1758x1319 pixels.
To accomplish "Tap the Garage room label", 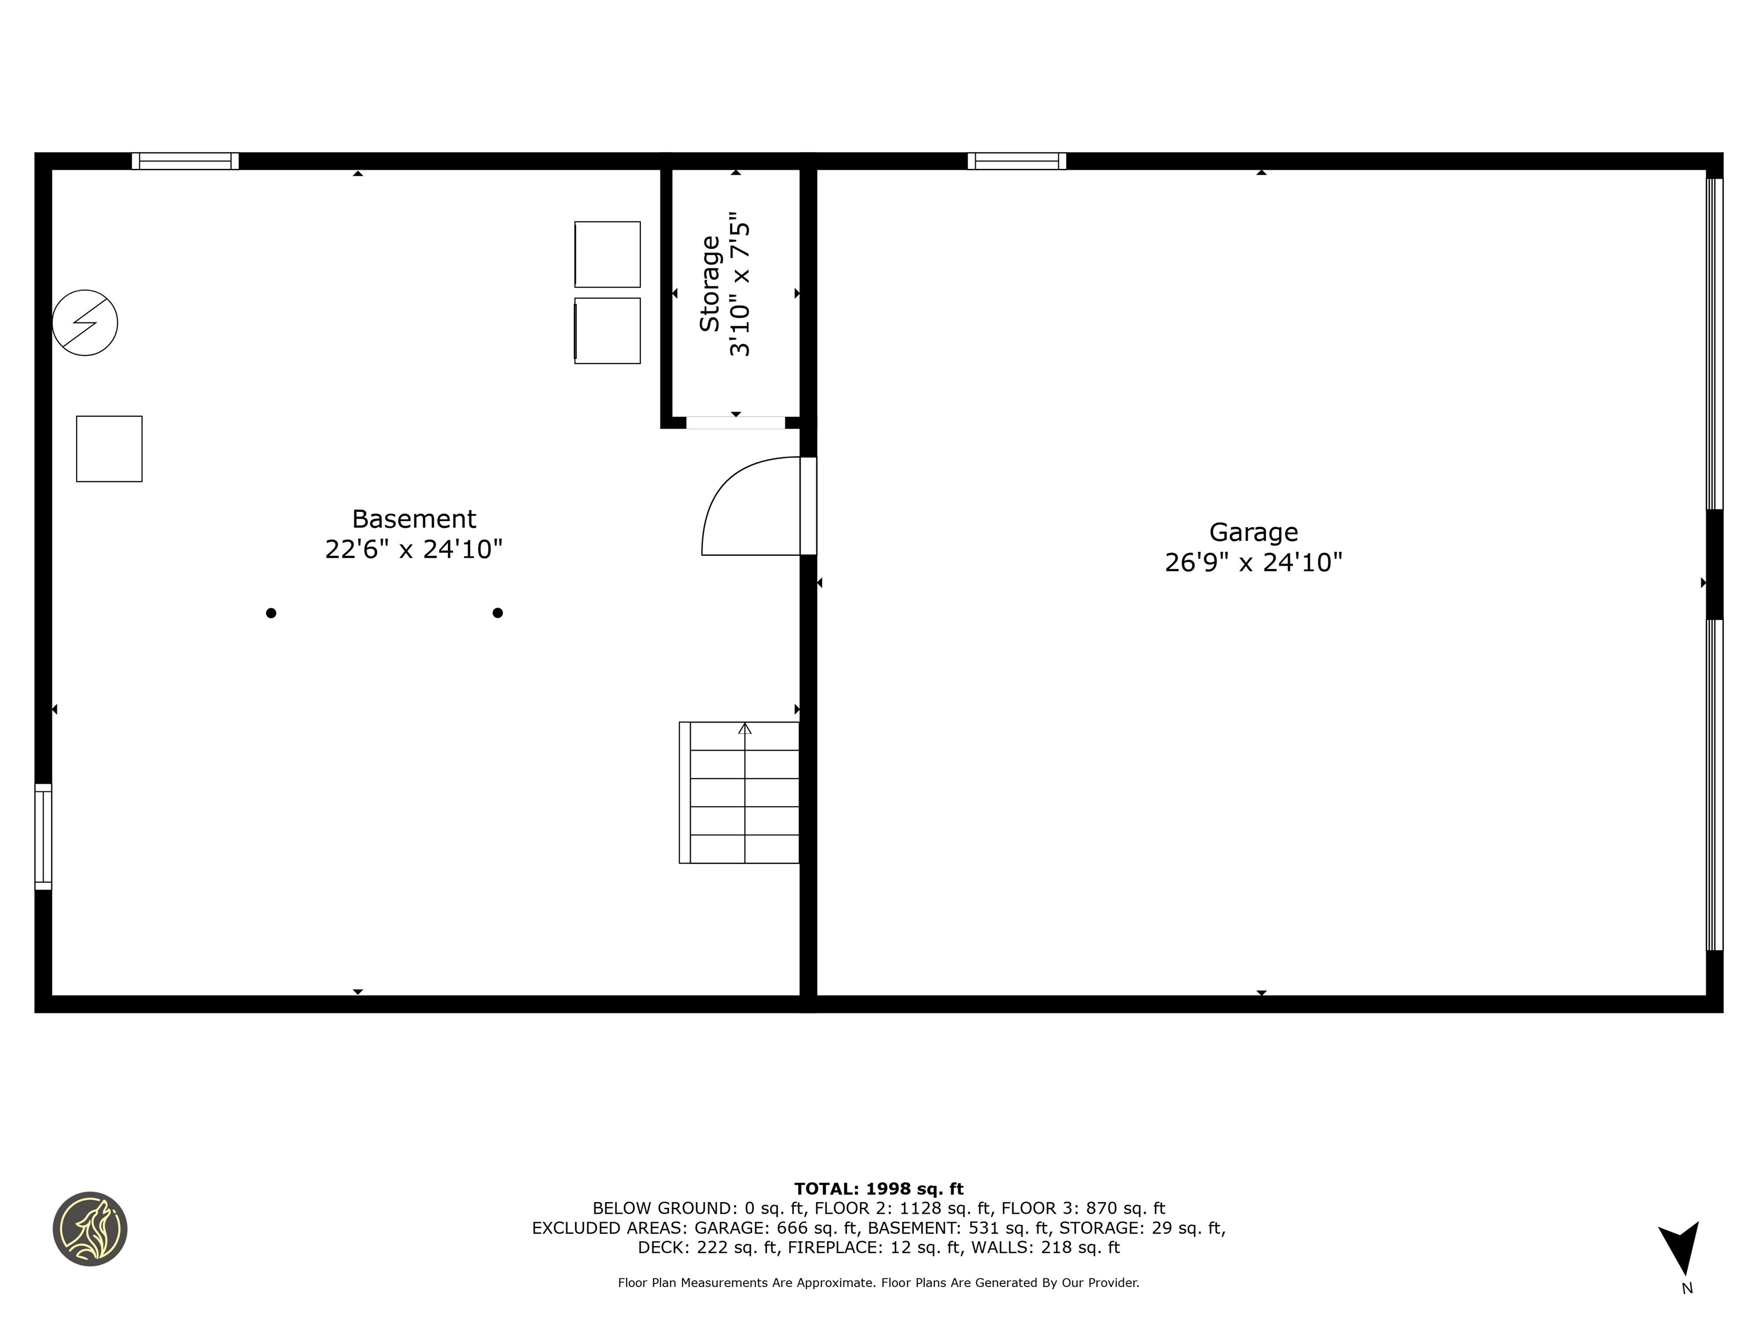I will [1253, 532].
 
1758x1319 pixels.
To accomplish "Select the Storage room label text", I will [709, 284].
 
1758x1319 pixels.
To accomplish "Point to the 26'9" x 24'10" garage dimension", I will [1253, 563].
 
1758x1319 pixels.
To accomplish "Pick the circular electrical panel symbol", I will [85, 323].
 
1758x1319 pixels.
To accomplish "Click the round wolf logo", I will [90, 1229].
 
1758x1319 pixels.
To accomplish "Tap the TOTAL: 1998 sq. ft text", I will [878, 1188].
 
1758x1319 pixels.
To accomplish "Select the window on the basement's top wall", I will [185, 161].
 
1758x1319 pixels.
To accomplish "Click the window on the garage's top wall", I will [1016, 161].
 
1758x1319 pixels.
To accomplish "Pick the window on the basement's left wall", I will [43, 836].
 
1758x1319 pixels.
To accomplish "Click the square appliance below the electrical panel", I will [109, 448].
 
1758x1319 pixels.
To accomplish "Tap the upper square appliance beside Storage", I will [607, 254].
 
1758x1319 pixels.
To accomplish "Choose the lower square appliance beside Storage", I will [607, 331].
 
